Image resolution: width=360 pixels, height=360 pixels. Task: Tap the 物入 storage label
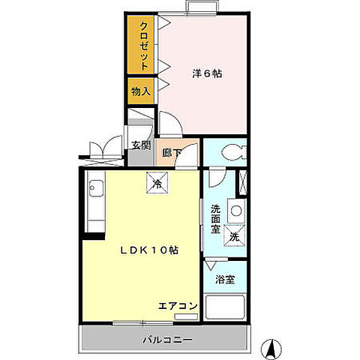[x=141, y=91]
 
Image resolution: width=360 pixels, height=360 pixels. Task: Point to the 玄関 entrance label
[x=140, y=145]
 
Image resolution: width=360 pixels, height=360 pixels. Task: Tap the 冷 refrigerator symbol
[x=157, y=182]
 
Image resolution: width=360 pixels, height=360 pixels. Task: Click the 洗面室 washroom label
[x=215, y=218]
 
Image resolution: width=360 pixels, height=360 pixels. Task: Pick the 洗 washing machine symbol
[x=233, y=234]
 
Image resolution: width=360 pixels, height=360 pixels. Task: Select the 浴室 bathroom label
[x=225, y=280]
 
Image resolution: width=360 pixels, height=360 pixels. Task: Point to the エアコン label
[x=178, y=305]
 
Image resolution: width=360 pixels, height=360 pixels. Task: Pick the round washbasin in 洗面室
[x=235, y=211]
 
